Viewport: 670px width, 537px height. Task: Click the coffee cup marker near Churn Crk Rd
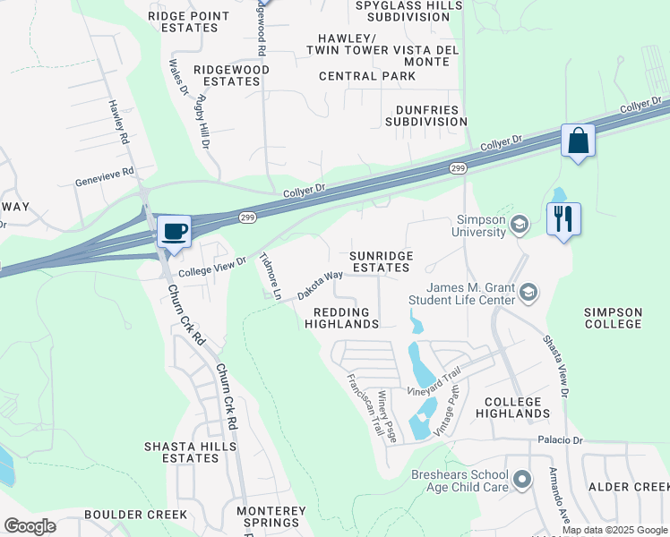click(x=174, y=231)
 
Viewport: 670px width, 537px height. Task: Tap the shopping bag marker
click(x=578, y=141)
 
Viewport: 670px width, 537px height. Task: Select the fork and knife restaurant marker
click(x=563, y=218)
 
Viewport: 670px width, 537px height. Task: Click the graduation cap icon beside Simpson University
click(x=519, y=224)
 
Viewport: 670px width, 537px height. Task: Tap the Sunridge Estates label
click(x=382, y=261)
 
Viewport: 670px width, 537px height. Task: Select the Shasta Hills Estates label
click(x=191, y=452)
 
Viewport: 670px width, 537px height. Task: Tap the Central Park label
click(x=367, y=76)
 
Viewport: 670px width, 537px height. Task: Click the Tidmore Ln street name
click(x=270, y=277)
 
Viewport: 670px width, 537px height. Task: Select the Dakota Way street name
click(x=320, y=285)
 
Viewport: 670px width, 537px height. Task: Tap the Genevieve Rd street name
click(x=104, y=171)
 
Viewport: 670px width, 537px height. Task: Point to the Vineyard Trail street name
click(x=434, y=383)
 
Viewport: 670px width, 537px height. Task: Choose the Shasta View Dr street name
click(x=555, y=367)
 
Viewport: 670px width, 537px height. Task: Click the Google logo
click(x=30, y=526)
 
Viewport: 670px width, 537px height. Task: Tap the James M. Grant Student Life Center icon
click(x=529, y=293)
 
